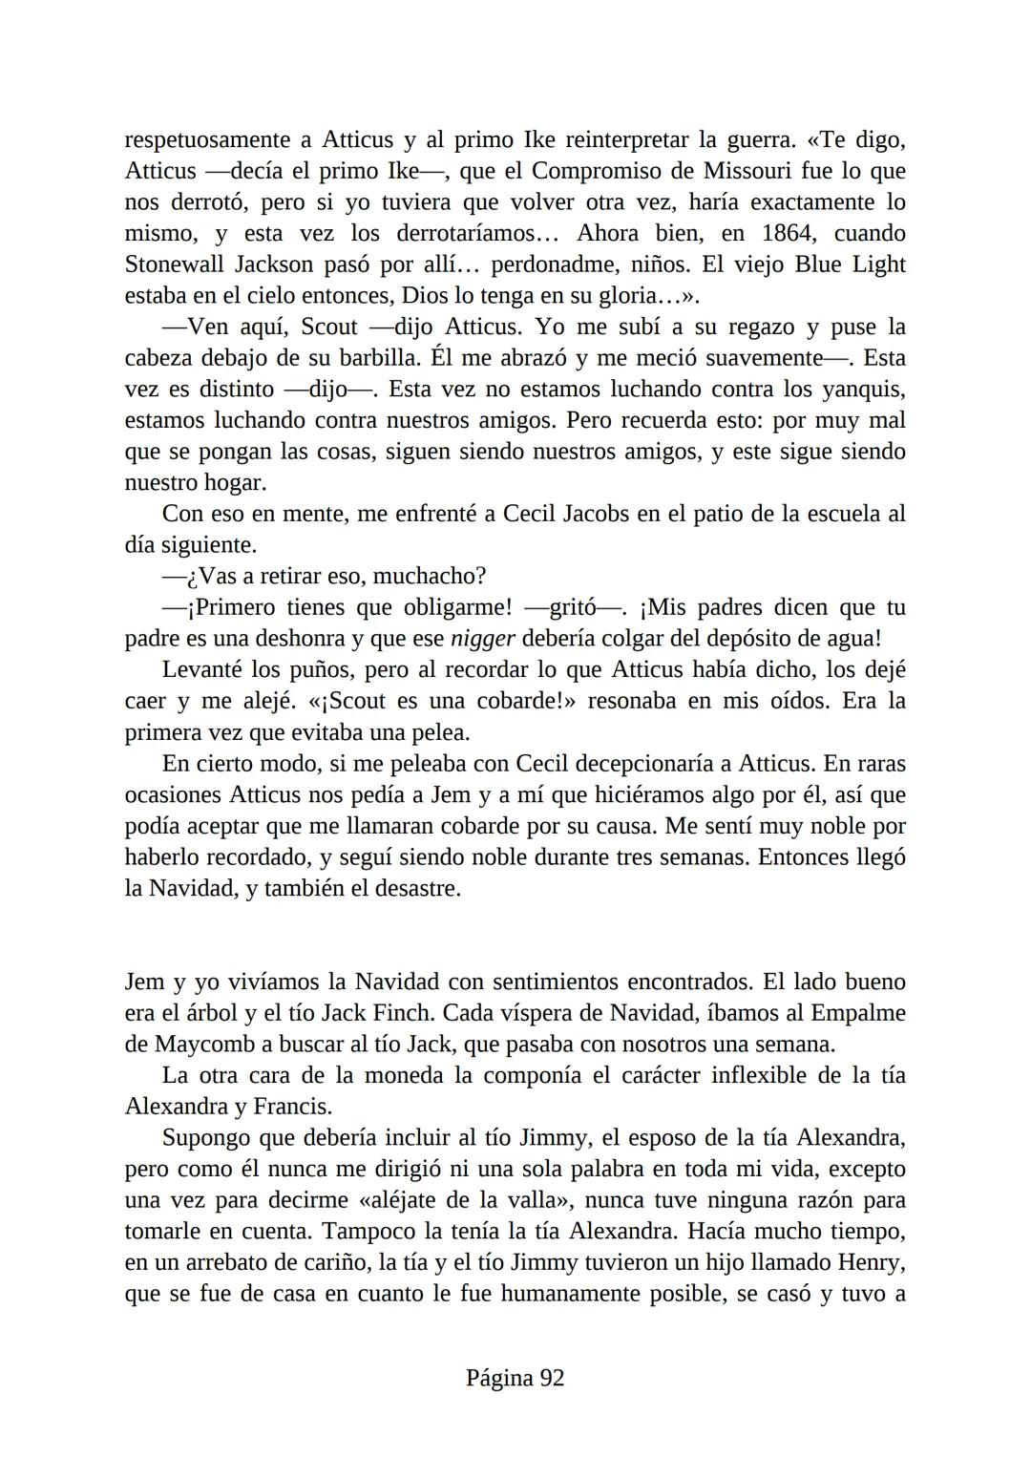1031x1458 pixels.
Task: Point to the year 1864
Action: tap(789, 234)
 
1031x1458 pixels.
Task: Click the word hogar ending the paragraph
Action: tap(233, 483)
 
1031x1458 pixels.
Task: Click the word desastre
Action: tap(416, 889)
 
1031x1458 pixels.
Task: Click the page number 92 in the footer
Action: tap(552, 1378)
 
